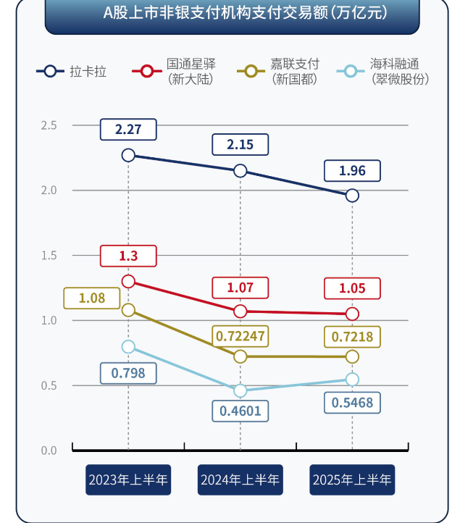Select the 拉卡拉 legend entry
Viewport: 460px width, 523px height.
(72, 71)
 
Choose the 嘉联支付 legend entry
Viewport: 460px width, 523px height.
(279, 71)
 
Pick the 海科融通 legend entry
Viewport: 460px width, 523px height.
(383, 71)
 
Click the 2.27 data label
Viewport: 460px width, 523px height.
(128, 130)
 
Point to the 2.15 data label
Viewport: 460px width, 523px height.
(240, 144)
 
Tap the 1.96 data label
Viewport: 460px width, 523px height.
(352, 171)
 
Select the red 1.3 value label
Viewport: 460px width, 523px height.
(128, 256)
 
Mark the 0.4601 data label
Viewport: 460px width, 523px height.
(240, 411)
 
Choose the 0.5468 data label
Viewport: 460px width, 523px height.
(352, 401)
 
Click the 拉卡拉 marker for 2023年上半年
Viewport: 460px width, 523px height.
(128, 155)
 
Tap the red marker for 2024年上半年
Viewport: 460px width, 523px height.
(240, 311)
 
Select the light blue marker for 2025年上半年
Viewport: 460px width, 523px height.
(352, 380)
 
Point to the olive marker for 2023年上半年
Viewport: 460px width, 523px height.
(128, 310)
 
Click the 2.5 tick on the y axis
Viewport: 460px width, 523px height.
(49, 125)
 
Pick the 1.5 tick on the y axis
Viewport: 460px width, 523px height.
(49, 255)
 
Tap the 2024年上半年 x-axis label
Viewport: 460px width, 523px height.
(240, 480)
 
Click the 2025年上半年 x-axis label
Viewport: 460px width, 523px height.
(352, 480)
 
